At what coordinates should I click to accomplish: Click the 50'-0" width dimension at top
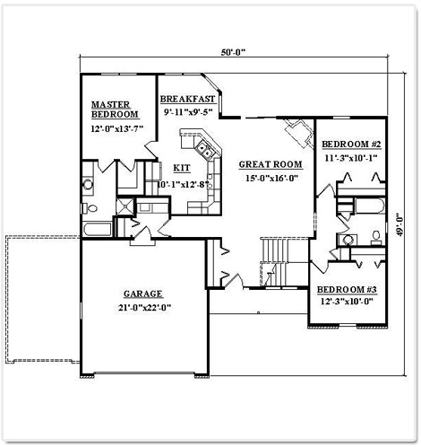(x=233, y=52)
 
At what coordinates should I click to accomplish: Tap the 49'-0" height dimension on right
(x=400, y=224)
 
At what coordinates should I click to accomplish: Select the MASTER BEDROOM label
(x=115, y=110)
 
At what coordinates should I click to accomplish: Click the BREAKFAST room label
(x=187, y=99)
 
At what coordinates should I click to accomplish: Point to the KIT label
(x=182, y=168)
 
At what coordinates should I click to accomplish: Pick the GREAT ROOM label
(x=271, y=164)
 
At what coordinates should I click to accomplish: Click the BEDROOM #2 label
(x=351, y=145)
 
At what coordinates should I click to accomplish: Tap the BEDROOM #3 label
(x=347, y=289)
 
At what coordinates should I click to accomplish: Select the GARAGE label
(x=143, y=294)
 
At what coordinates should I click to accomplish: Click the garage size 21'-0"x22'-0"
(x=142, y=307)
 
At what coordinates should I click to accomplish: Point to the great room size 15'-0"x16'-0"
(x=272, y=178)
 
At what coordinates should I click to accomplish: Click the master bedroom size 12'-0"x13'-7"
(x=117, y=128)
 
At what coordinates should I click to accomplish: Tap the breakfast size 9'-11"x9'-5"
(x=188, y=112)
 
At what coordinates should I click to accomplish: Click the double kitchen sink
(x=204, y=150)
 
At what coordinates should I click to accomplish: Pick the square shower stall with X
(x=125, y=206)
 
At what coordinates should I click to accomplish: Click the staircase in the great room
(x=275, y=262)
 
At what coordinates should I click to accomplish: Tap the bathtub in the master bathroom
(x=98, y=230)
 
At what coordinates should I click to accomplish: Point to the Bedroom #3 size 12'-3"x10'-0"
(x=347, y=302)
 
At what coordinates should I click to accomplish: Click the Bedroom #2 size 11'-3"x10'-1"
(x=351, y=158)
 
